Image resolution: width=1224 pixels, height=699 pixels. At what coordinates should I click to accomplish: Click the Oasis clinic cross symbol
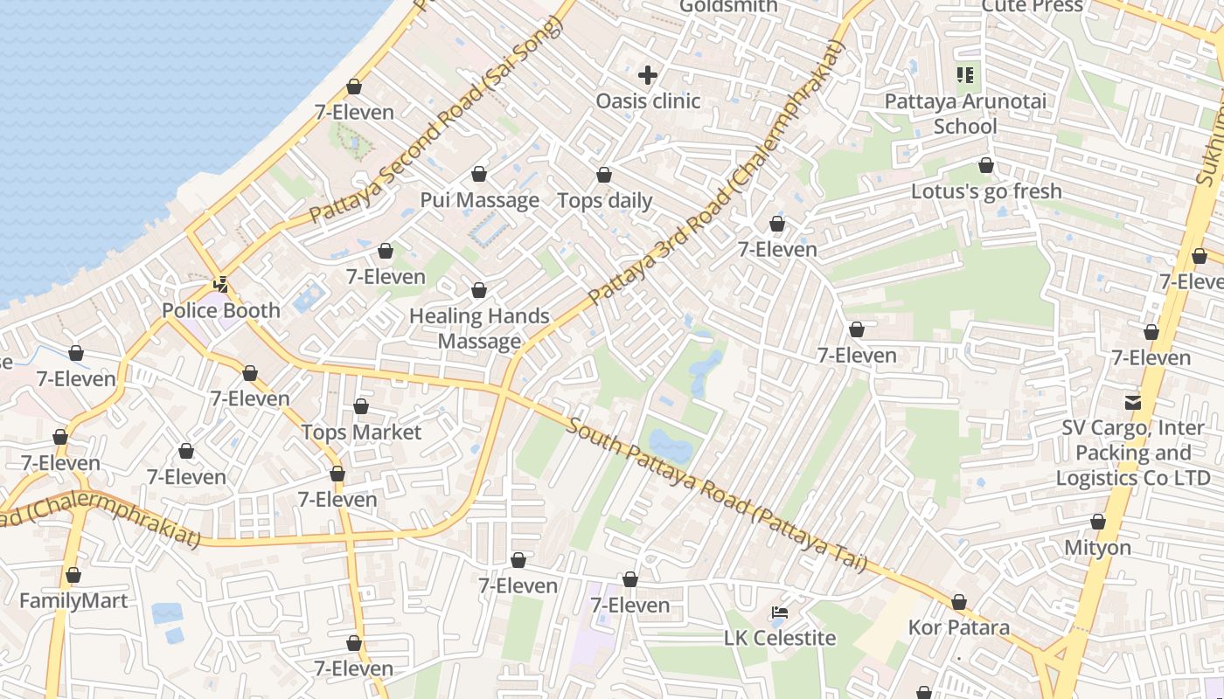[647, 75]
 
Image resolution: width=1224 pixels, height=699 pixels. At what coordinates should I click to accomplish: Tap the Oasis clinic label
[648, 101]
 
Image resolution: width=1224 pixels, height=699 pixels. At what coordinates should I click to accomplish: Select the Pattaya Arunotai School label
[965, 114]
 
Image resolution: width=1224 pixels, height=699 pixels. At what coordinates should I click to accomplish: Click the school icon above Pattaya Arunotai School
[965, 75]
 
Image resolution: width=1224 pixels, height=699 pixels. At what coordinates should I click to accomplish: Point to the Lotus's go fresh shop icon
[986, 165]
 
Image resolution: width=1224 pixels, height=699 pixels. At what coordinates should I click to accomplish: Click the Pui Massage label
[479, 200]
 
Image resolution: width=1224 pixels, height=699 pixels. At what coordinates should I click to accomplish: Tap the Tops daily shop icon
[604, 176]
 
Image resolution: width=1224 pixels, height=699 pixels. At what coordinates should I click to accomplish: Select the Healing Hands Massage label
[479, 329]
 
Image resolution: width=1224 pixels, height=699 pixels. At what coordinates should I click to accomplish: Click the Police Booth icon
[221, 285]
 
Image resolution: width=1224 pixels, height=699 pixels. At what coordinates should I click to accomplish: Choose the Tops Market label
[361, 433]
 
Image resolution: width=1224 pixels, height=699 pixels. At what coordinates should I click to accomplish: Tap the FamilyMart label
[73, 601]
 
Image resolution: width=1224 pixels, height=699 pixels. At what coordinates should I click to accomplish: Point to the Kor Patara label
[958, 627]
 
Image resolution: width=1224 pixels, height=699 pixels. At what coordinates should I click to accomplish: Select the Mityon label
[1097, 548]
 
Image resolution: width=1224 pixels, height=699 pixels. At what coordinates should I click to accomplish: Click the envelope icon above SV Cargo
[1133, 403]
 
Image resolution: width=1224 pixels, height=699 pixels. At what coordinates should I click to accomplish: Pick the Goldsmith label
[727, 6]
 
